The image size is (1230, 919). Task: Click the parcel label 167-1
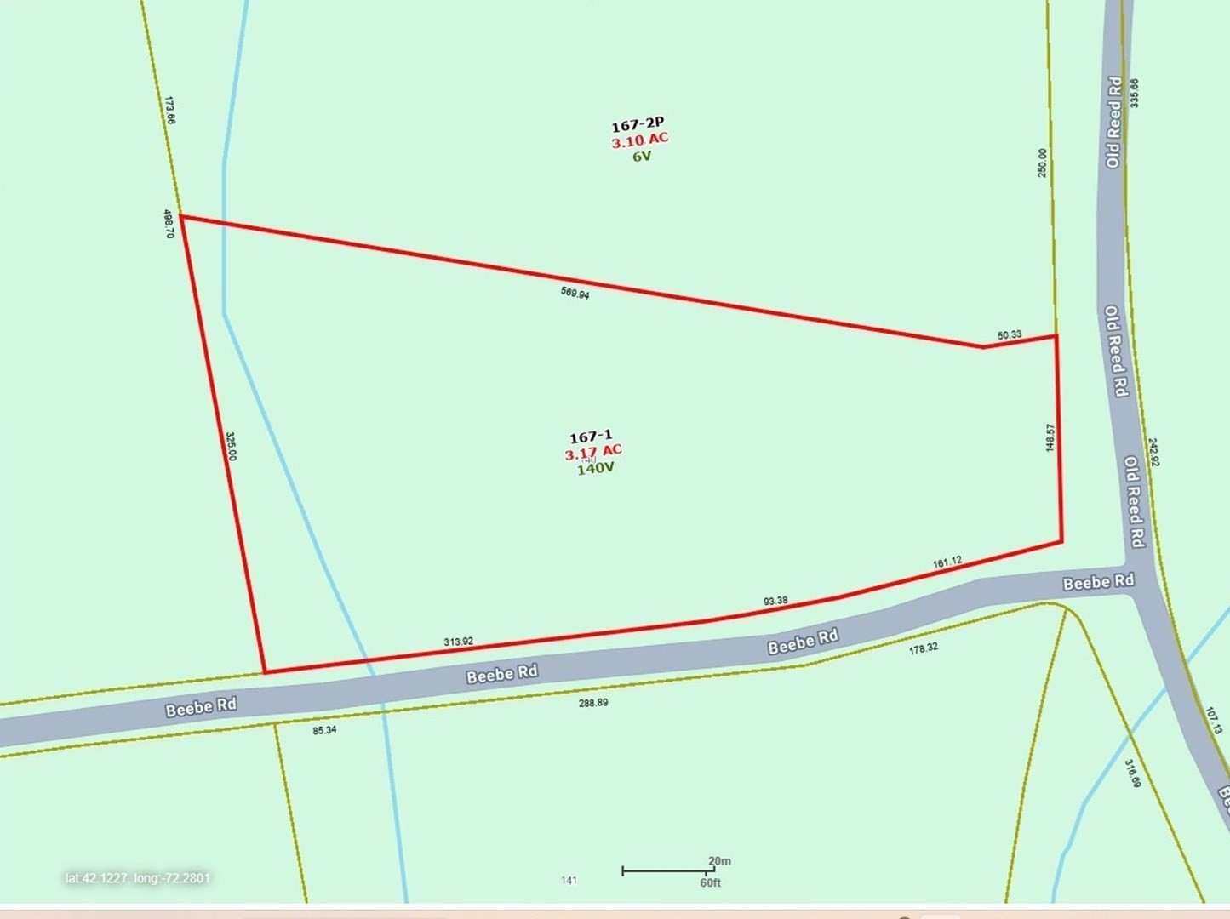tap(591, 437)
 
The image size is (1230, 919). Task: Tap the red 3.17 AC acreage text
tap(593, 452)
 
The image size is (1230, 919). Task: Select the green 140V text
tap(596, 468)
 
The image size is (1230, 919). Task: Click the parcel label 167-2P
tap(638, 125)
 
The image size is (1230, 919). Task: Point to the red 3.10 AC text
tap(640, 140)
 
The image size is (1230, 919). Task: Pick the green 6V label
tap(642, 157)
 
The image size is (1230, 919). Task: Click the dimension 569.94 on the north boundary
tap(575, 294)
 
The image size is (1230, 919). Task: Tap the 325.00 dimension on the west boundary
tap(231, 446)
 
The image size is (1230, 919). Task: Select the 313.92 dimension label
tap(458, 642)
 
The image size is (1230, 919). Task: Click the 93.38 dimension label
tap(775, 601)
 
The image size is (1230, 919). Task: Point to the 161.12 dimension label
tap(947, 562)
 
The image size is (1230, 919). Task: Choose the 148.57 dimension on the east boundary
tap(1050, 437)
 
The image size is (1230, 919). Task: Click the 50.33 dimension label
tap(1010, 335)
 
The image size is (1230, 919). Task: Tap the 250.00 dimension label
tap(1043, 163)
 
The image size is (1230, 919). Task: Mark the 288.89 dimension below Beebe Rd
tap(593, 703)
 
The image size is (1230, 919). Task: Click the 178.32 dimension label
tap(924, 648)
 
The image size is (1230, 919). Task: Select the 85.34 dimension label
tap(324, 730)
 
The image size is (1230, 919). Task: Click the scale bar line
tap(667, 870)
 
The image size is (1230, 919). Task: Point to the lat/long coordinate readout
tap(138, 877)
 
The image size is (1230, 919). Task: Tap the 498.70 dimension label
tap(169, 224)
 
